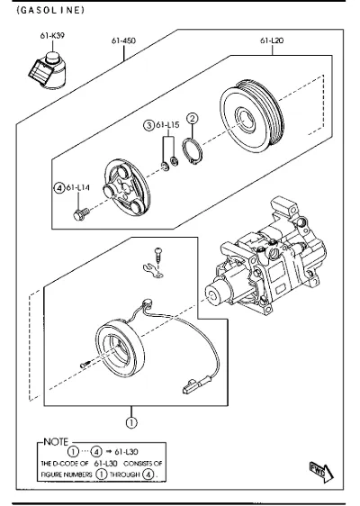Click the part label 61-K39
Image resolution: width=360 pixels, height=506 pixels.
coord(52,35)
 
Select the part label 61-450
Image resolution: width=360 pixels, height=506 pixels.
coord(123,41)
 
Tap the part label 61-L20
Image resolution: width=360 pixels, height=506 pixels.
coord(272,41)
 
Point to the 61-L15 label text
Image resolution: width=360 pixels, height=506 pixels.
coord(167,125)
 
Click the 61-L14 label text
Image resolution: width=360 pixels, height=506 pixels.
coord(78,187)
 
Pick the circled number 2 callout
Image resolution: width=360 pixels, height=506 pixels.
coord(193,119)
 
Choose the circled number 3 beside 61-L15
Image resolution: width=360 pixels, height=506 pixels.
coord(148,125)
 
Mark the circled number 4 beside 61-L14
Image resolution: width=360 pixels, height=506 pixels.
coord(59,188)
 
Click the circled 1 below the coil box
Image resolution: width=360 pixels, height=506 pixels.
coord(131,423)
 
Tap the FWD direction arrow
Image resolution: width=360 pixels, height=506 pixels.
coord(321,473)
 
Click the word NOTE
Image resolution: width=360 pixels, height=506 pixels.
coord(56,442)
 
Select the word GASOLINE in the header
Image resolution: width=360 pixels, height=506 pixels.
coord(50,10)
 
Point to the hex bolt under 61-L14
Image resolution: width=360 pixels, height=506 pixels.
coord(81,214)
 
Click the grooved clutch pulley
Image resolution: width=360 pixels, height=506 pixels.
coord(252,115)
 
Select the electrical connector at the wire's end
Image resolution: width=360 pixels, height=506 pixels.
coord(193,386)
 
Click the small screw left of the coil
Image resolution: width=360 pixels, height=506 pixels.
coord(85,365)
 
